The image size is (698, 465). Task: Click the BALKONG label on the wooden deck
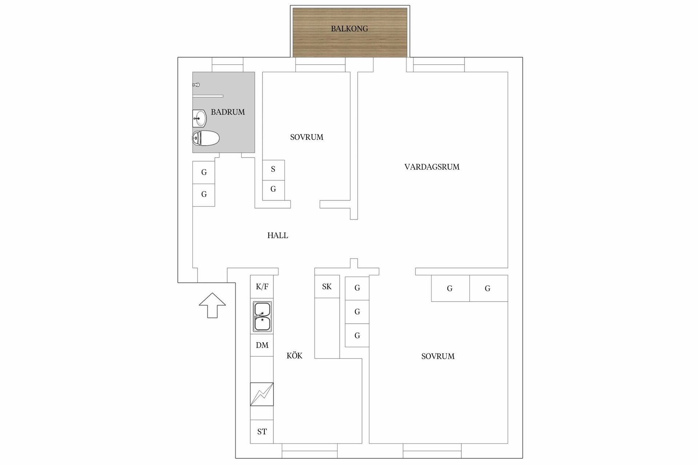[x=349, y=29]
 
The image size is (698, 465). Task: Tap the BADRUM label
[x=228, y=112]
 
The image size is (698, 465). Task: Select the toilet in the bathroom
[x=206, y=138]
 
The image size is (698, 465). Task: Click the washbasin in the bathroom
[x=199, y=118]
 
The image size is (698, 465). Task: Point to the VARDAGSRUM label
[x=432, y=167]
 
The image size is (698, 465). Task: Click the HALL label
[x=278, y=235]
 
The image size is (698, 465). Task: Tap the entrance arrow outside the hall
[x=212, y=305]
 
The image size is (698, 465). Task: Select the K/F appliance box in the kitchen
[x=262, y=287]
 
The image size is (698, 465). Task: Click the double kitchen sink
[x=262, y=316]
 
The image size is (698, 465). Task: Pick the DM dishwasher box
[x=262, y=345]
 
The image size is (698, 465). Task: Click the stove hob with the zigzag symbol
[x=262, y=394]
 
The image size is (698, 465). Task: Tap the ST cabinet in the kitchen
[x=262, y=432]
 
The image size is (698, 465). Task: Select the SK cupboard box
[x=327, y=287]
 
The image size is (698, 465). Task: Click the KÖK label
[x=294, y=356]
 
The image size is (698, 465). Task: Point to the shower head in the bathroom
[x=196, y=85]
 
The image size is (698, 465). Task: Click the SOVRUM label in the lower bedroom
[x=438, y=356]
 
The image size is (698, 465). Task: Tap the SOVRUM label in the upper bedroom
[x=306, y=137]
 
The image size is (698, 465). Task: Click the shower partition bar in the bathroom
[x=208, y=96]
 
